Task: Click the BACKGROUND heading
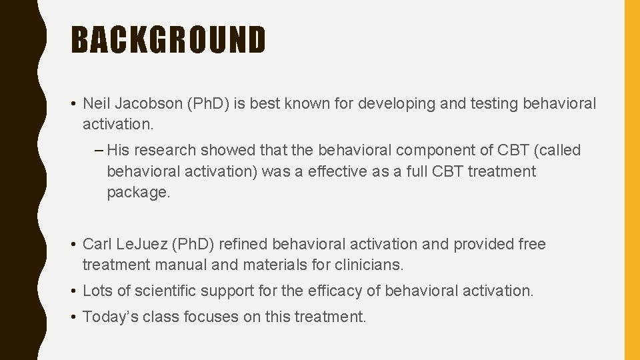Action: (169, 40)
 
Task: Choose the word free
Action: (532, 245)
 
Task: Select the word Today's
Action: (107, 317)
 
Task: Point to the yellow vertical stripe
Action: (631, 180)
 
